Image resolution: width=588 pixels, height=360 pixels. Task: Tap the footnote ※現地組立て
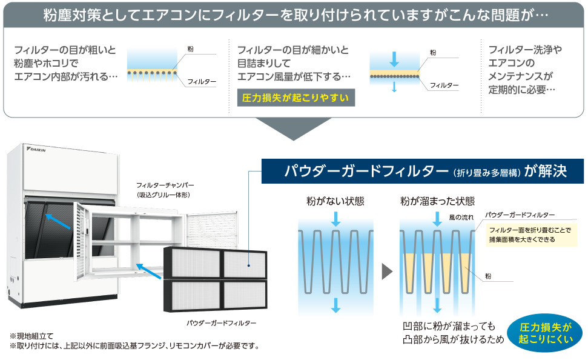pos(31,336)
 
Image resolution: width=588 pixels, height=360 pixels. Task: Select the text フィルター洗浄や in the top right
pos(525,50)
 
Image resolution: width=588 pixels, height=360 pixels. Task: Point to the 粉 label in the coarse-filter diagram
pos(191,48)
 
